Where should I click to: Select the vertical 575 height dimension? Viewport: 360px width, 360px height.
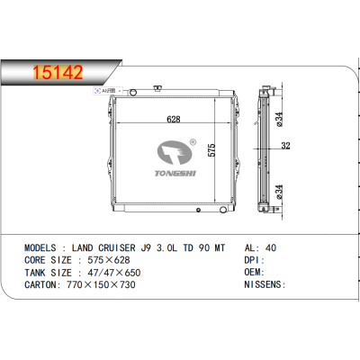pyautogui.click(x=211, y=152)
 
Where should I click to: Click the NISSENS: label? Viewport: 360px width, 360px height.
pyautogui.click(x=265, y=284)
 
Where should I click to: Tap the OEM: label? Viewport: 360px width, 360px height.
pyautogui.click(x=256, y=271)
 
